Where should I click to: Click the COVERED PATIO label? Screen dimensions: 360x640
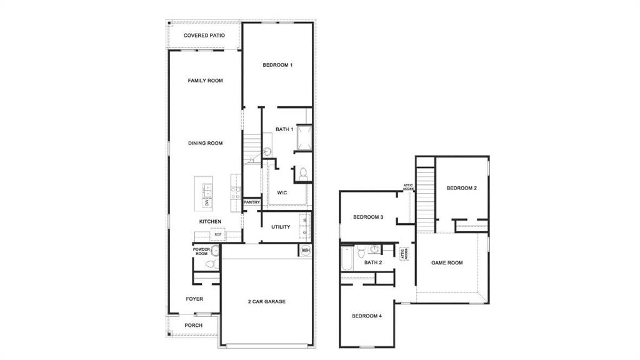coord(204,36)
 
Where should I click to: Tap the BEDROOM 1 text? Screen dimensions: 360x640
coord(277,65)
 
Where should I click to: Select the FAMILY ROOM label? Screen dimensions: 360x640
coord(205,81)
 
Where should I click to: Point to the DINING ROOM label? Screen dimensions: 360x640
coord(205,143)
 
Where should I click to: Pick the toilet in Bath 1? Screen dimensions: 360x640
coord(302,173)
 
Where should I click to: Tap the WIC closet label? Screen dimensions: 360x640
coord(282,192)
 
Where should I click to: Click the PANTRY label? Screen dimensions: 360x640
coord(251,202)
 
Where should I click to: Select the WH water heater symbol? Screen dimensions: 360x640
coord(306,250)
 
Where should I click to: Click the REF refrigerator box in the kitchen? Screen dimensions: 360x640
coord(217,235)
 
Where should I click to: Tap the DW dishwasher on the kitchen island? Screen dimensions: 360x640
coord(207,202)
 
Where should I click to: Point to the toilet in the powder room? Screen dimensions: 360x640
coord(211,264)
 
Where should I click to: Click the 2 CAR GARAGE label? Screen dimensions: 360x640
coord(266,301)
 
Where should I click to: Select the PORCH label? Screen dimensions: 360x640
coord(193,325)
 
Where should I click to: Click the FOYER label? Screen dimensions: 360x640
coord(194,299)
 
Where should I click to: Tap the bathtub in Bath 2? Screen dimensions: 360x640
coord(347,259)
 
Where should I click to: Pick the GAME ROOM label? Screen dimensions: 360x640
coord(447,262)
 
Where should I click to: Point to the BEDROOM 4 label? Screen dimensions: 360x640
coord(366,316)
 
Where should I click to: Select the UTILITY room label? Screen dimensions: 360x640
coord(281,227)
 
